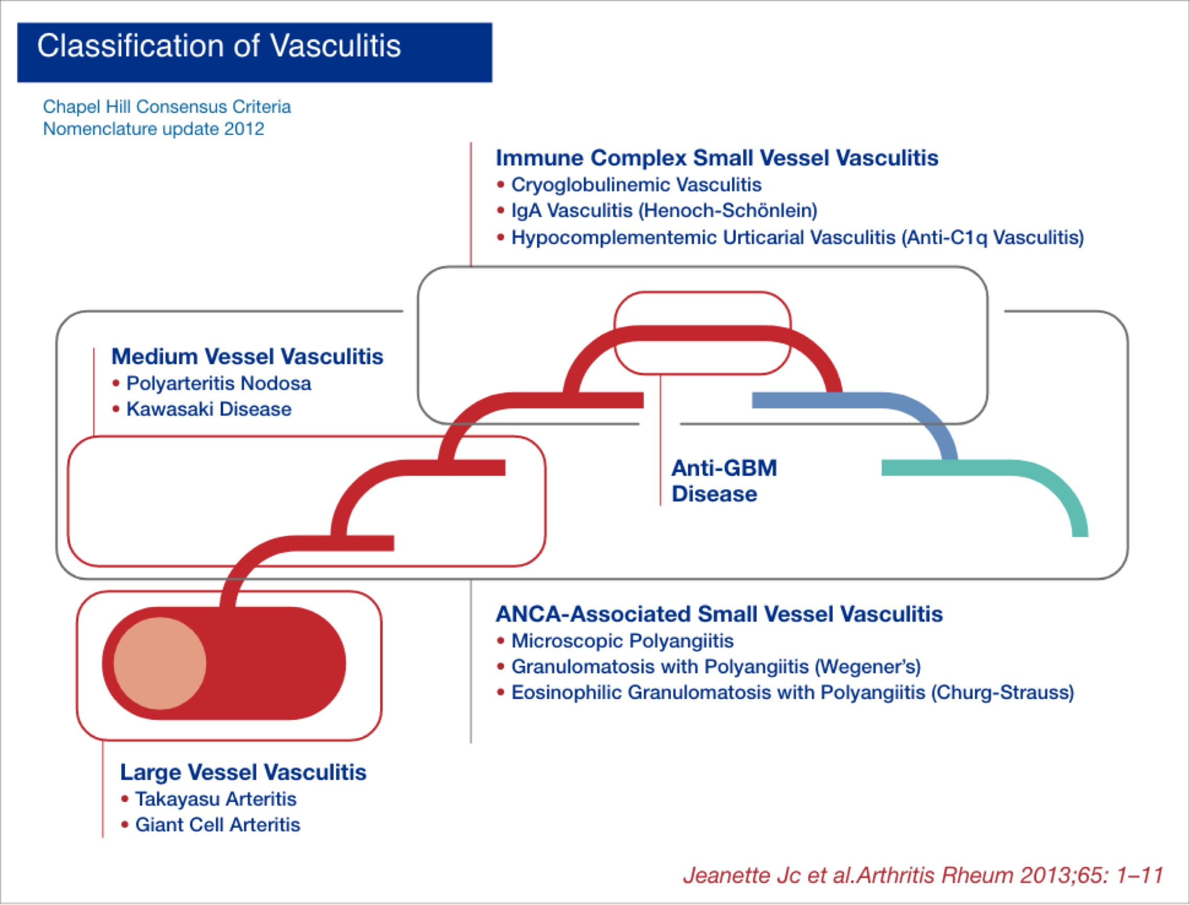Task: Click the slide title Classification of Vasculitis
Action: pyautogui.click(x=219, y=47)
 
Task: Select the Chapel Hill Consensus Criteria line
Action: pyautogui.click(x=167, y=107)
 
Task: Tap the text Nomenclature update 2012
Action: pyautogui.click(x=154, y=129)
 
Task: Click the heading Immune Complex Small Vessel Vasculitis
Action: pyautogui.click(x=716, y=158)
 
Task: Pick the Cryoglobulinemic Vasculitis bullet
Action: pyautogui.click(x=636, y=185)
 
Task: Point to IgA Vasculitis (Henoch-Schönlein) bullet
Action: pyautogui.click(x=663, y=210)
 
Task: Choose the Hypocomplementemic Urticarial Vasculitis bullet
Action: pyautogui.click(x=797, y=237)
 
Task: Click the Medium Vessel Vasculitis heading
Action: pyautogui.click(x=247, y=357)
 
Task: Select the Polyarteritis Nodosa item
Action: pyautogui.click(x=218, y=384)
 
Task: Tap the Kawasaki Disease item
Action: pyautogui.click(x=209, y=409)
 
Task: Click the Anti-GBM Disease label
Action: pyautogui.click(x=724, y=480)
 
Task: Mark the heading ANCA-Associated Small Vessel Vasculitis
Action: pyautogui.click(x=718, y=614)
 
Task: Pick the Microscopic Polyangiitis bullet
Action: pyautogui.click(x=622, y=641)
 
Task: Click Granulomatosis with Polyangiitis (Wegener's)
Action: pyautogui.click(x=715, y=667)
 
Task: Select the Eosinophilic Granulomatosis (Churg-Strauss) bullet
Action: pyautogui.click(x=792, y=692)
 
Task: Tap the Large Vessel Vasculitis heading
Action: pyautogui.click(x=243, y=773)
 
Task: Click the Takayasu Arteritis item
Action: pyautogui.click(x=215, y=799)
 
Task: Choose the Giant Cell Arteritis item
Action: pyautogui.click(x=217, y=824)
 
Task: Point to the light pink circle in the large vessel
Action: pyautogui.click(x=159, y=663)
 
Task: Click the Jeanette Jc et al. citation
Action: pyautogui.click(x=923, y=875)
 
